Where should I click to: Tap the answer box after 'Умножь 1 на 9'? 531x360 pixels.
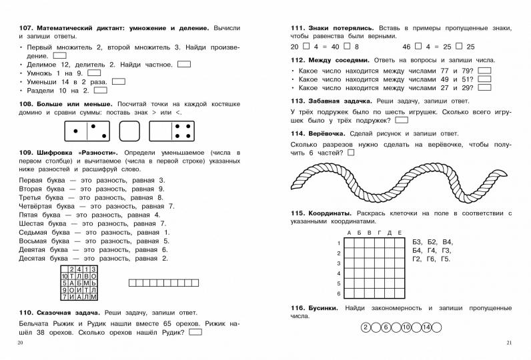coord(93,72)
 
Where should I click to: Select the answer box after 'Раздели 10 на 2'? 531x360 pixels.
coord(101,89)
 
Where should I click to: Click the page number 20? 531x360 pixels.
coord(19,342)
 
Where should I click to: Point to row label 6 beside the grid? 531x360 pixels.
coord(338,293)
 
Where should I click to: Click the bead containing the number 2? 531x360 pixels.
coord(366,327)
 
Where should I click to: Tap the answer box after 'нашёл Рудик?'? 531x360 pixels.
coord(195,336)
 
